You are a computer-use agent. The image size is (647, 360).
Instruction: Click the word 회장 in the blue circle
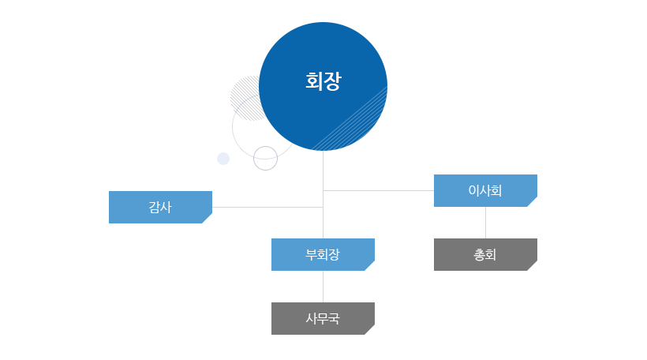tap(323, 81)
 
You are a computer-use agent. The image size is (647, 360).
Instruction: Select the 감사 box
tap(160, 207)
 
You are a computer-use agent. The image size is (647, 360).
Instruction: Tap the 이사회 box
tap(485, 190)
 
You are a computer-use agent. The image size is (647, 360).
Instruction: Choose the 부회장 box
tap(323, 254)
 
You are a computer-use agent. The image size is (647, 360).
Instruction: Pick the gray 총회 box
tap(485, 254)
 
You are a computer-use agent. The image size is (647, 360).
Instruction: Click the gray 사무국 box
tap(323, 318)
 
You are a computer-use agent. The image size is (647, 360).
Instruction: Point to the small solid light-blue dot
tap(223, 159)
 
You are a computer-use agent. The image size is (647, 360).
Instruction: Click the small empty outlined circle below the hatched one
tap(265, 158)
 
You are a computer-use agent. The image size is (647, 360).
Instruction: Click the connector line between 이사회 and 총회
tap(485, 223)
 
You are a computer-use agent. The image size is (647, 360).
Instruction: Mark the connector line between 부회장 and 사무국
tap(323, 287)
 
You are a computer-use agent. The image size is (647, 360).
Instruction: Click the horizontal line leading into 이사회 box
tap(379, 190)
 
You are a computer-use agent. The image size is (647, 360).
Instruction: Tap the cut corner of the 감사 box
tap(208, 219)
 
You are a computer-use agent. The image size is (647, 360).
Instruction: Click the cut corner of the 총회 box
tap(533, 267)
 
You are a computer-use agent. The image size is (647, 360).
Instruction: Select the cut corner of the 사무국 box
tap(371, 331)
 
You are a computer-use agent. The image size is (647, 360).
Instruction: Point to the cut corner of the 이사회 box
tap(533, 203)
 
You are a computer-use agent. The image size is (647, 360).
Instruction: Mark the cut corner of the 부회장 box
tap(371, 267)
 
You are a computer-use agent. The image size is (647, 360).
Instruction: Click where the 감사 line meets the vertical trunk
tap(323, 207)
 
